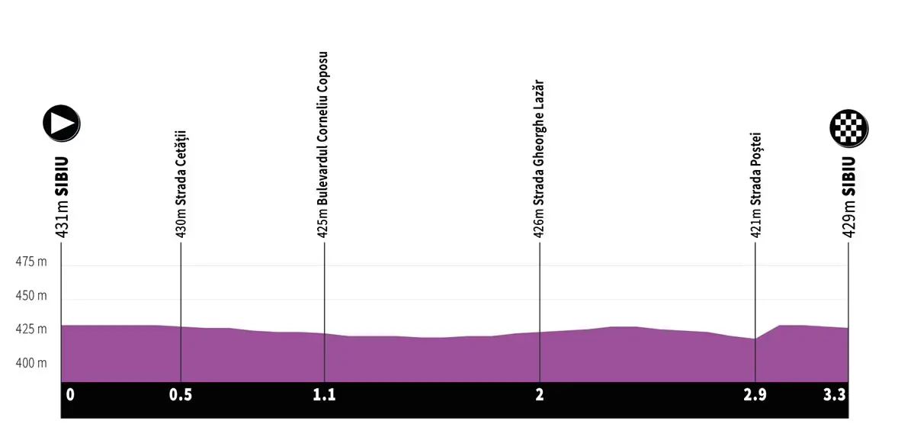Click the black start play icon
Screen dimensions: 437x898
coord(62,123)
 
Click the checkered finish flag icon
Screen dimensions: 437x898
coord(849,127)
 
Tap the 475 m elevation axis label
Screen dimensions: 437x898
coord(31,262)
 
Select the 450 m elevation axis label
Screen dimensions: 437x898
coord(31,296)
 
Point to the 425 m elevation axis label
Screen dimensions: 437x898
coord(31,329)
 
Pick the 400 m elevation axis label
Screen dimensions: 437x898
coord(31,364)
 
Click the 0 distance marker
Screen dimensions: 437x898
coord(70,395)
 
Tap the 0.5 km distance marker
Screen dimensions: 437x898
coord(181,395)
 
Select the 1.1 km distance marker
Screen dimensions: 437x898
coord(324,395)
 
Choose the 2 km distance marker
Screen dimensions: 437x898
coord(540,395)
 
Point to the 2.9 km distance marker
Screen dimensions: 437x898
coord(755,395)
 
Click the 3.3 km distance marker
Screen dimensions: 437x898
coord(836,395)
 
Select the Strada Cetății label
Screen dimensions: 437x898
coord(181,185)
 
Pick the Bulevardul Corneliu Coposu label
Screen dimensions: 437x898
coord(324,145)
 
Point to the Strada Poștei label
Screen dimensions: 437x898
coord(755,186)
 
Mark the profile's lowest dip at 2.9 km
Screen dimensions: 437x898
coord(755,339)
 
